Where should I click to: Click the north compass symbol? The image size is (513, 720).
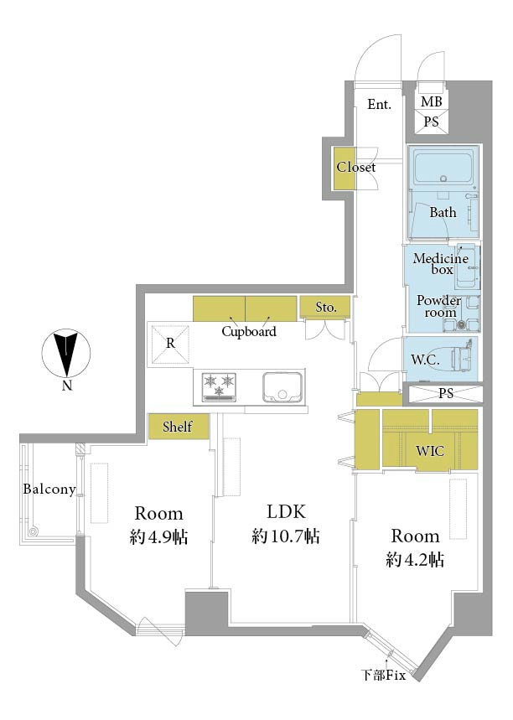tap(66, 354)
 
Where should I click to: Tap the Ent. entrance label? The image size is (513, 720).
tap(380, 105)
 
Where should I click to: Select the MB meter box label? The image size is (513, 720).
tap(431, 101)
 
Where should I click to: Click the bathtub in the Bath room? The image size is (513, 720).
tap(443, 168)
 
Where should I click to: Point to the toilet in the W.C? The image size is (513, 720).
tap(463, 358)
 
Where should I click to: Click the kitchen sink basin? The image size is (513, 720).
tap(282, 387)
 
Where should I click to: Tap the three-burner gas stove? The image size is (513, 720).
tap(219, 387)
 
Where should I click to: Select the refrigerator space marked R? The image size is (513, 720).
tap(170, 344)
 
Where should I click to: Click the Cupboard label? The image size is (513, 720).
tap(249, 332)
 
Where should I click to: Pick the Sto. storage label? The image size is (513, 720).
tap(326, 307)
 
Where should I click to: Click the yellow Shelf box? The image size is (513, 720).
tap(179, 427)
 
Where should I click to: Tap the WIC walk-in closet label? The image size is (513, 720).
tap(430, 451)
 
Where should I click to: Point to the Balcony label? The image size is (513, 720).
tap(49, 489)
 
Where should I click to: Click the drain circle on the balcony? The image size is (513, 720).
tap(33, 532)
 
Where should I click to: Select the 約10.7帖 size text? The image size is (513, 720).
tap(286, 536)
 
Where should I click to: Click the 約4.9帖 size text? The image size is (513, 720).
tap(158, 536)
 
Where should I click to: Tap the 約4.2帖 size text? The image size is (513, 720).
tap(415, 559)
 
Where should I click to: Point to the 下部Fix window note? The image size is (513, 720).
tap(383, 675)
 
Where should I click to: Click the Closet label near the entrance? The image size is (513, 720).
tap(356, 167)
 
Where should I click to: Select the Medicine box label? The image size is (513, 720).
tap(440, 263)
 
